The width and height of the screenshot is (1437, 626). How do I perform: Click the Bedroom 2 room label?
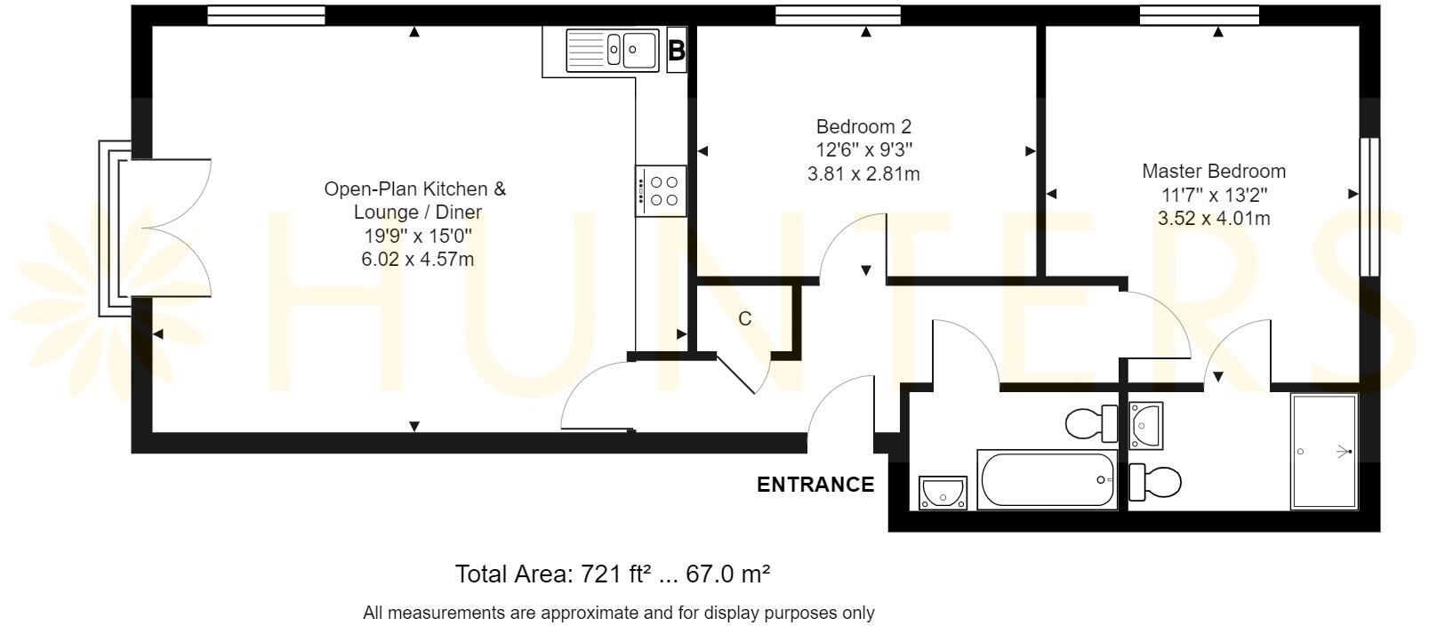coord(863,126)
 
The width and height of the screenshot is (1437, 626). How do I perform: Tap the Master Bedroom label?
coord(1214,172)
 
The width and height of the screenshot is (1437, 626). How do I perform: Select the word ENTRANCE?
coord(815,485)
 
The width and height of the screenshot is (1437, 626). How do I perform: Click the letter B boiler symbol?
coord(677,50)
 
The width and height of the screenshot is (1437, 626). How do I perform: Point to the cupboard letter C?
coord(745,318)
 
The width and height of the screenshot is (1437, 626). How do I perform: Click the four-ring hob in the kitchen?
coord(662,191)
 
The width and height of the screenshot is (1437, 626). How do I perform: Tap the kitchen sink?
coord(613,50)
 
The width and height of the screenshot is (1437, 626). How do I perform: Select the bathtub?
coord(1047,480)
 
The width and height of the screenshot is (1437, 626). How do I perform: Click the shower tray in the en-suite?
coord(1324,452)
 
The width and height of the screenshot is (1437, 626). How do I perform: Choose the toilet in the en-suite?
coord(1155,482)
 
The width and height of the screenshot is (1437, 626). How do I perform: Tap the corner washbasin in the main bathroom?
coord(943,493)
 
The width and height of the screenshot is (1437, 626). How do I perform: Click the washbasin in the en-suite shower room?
coord(1145,425)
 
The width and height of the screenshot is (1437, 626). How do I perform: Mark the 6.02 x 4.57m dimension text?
coord(418,259)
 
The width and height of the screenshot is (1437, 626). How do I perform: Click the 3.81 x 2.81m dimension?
coord(863,173)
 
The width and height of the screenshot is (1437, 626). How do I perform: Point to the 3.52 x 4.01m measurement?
coord(1214,219)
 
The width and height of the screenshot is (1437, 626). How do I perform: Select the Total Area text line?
coord(613,574)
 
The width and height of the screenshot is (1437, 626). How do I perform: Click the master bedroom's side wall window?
coord(1369,207)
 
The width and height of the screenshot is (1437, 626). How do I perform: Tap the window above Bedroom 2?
coord(838,15)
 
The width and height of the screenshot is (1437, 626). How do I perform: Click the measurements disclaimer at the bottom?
coord(618,614)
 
